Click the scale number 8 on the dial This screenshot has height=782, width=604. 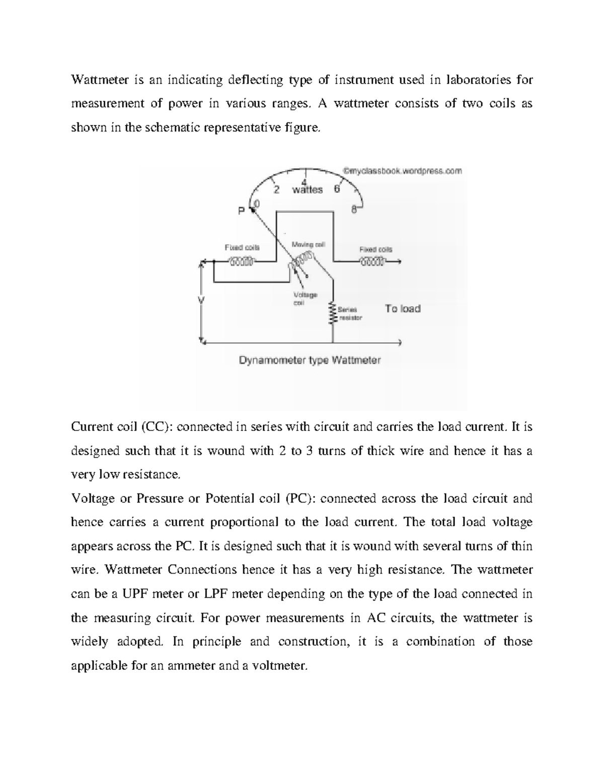[x=354, y=210]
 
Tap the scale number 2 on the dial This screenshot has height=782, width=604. [x=276, y=190]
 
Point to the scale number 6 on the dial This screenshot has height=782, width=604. [x=337, y=190]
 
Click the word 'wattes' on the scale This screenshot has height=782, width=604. [x=307, y=190]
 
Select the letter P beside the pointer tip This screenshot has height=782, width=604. [x=241, y=211]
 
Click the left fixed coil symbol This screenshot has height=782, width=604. [x=243, y=261]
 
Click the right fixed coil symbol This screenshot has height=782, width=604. [x=372, y=261]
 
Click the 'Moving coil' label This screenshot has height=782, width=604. [x=309, y=244]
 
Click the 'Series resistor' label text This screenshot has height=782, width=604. [x=350, y=314]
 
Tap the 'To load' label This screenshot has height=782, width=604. [x=403, y=309]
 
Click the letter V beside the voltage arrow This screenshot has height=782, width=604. [x=202, y=300]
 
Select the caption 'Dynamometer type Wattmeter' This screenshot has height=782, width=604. [x=309, y=361]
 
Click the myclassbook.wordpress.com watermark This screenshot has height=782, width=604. [x=402, y=171]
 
